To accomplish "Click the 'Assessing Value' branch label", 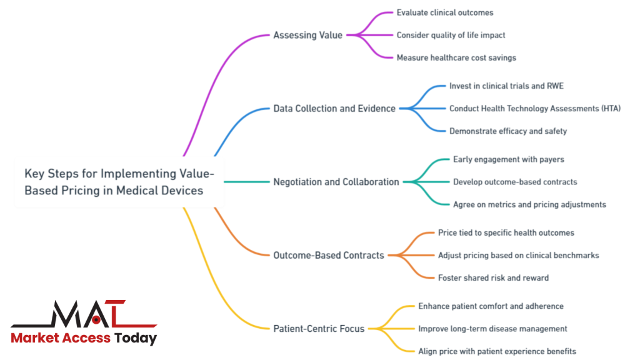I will pos(307,35).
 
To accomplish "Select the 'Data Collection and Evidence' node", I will pos(334,109).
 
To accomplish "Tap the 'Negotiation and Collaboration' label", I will pos(336,182).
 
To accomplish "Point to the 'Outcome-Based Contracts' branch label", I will pos(329,255).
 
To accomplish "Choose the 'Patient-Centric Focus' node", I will pos(319,328).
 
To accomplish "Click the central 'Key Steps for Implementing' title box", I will pos(119,182).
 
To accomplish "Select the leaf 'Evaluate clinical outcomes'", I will pos(445,12).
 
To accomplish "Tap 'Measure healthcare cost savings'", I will pos(456,57).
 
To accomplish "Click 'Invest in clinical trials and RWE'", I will pos(506,86).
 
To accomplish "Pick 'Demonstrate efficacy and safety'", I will pos(508,131).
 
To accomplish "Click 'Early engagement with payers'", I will pos(509,159).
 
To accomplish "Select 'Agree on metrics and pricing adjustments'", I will pos(529,204).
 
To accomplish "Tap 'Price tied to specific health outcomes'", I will pos(506,232).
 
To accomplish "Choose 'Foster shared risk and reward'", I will pos(493,277).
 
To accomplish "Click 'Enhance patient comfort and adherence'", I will pos(491,306).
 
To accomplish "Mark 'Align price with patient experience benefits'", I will pos(497,351).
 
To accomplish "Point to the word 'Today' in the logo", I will pos(136,338).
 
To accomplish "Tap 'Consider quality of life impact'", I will pos(451,35).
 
